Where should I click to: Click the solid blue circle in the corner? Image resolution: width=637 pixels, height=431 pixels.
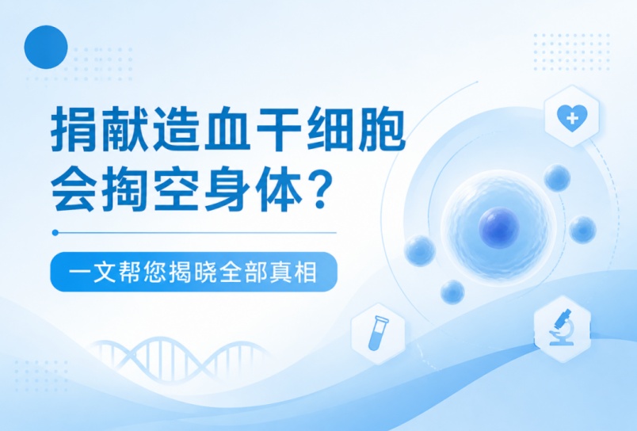click(x=46, y=47)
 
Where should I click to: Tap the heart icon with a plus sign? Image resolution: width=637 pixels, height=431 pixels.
click(x=572, y=118)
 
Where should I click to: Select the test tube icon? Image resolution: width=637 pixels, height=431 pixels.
click(x=378, y=333)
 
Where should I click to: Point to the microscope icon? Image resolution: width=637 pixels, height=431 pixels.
click(x=563, y=327)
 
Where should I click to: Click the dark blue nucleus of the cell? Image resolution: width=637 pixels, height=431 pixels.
click(x=499, y=227)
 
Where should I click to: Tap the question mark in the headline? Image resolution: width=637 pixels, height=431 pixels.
click(x=319, y=190)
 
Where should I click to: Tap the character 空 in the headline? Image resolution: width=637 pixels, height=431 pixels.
click(x=177, y=190)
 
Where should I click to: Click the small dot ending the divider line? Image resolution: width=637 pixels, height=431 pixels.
click(x=55, y=233)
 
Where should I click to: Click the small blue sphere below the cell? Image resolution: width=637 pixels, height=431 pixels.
click(x=452, y=292)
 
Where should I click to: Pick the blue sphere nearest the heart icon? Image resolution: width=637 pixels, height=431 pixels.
click(x=558, y=178)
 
